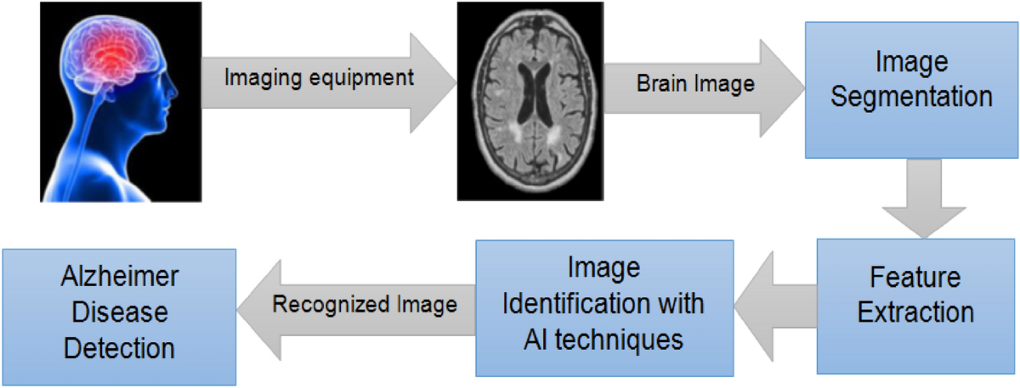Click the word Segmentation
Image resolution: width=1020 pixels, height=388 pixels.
[911, 96]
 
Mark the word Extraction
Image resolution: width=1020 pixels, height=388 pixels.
[915, 312]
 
